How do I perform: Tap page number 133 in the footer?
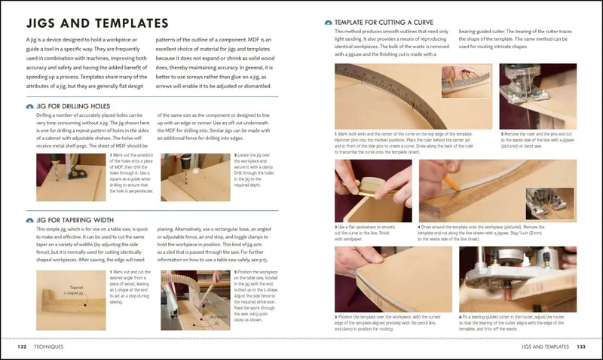tap(580, 347)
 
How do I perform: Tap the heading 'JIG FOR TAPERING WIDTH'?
tap(75, 221)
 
